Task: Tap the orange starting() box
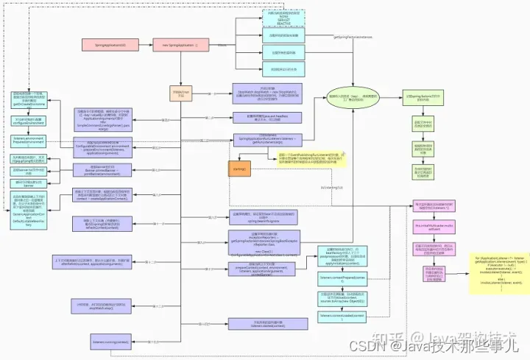click(241, 168)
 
